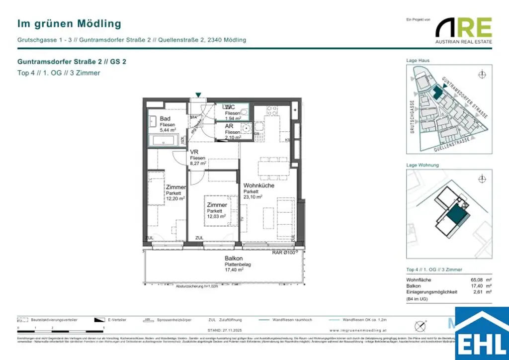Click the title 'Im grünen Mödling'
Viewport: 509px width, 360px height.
(x=69, y=23)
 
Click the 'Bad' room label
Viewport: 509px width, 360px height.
(x=165, y=118)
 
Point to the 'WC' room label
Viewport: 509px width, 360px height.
(x=230, y=107)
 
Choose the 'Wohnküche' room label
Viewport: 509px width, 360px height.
(x=258, y=185)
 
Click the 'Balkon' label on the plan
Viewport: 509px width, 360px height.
(x=234, y=259)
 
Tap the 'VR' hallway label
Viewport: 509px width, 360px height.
(x=194, y=152)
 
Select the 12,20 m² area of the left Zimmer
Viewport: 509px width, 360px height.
(x=175, y=198)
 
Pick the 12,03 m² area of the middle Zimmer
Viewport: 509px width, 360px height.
(x=216, y=216)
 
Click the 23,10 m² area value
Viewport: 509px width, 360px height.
(x=252, y=197)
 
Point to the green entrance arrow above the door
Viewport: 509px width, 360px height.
(x=198, y=94)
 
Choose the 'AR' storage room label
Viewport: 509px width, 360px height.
(x=229, y=126)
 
